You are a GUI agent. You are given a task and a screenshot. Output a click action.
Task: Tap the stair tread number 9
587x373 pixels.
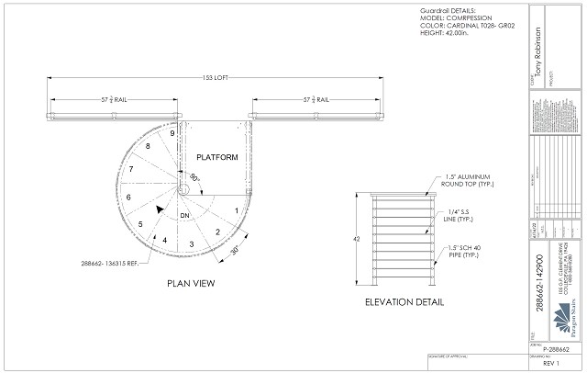click(x=172, y=134)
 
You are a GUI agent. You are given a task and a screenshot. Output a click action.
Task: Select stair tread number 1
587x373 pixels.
click(x=237, y=210)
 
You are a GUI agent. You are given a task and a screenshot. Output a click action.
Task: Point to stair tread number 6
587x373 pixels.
click(x=127, y=197)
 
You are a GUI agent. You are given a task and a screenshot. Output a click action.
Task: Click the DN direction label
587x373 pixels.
click(x=184, y=215)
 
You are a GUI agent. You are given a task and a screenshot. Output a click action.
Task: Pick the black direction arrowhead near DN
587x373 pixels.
click(x=161, y=210)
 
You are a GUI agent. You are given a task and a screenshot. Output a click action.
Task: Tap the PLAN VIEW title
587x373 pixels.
click(x=191, y=283)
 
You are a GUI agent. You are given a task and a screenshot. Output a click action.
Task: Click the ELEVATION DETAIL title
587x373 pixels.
click(x=404, y=301)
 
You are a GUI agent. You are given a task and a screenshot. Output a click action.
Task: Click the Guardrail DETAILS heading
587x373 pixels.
click(x=435, y=11)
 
